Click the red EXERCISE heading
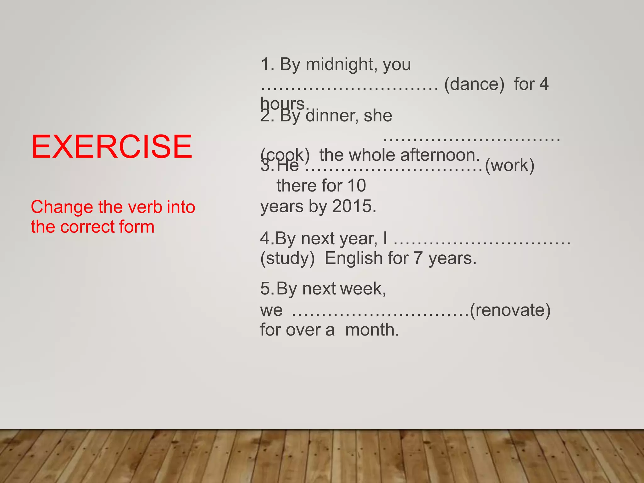112,147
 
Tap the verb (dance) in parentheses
474,84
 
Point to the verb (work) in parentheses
509,165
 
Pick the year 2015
354,207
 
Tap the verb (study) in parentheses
287,258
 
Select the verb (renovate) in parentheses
510,310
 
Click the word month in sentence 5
372,330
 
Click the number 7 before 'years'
418,258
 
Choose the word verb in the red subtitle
145,207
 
